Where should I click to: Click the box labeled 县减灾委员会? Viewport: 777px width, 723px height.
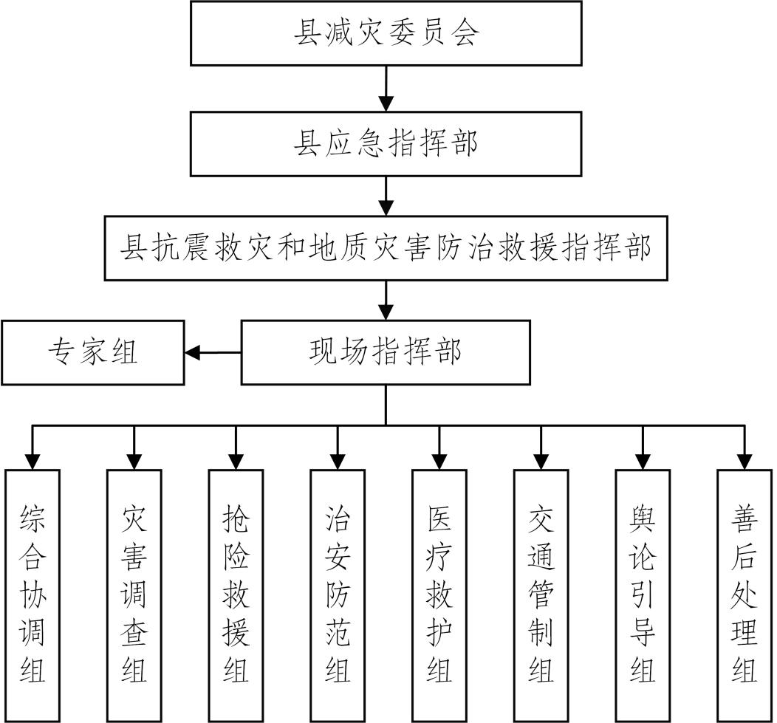[x=386, y=33]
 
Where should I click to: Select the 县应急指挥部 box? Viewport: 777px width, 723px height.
[x=386, y=144]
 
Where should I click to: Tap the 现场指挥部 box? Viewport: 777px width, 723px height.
[x=386, y=352]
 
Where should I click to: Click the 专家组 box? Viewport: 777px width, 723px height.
[x=92, y=352]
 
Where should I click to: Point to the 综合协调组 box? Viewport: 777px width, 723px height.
[x=32, y=594]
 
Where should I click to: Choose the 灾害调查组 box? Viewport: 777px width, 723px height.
[x=134, y=594]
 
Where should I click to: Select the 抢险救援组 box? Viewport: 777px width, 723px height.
[x=236, y=594]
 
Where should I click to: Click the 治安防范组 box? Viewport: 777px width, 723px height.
[x=338, y=594]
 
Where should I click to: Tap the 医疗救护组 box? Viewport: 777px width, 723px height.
[x=440, y=594]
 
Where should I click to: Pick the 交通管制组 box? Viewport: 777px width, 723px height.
[x=541, y=594]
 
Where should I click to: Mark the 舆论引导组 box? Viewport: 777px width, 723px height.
[x=643, y=594]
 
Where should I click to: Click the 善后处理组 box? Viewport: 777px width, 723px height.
[x=745, y=594]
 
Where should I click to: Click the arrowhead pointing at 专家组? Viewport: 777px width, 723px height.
[x=193, y=353]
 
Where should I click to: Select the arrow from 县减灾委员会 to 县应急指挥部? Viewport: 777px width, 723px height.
[x=386, y=89]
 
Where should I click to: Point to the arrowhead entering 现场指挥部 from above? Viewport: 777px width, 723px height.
[x=386, y=311]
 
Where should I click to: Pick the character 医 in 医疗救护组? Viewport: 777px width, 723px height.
[x=440, y=521]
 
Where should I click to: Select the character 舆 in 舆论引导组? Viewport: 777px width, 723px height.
[x=643, y=521]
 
